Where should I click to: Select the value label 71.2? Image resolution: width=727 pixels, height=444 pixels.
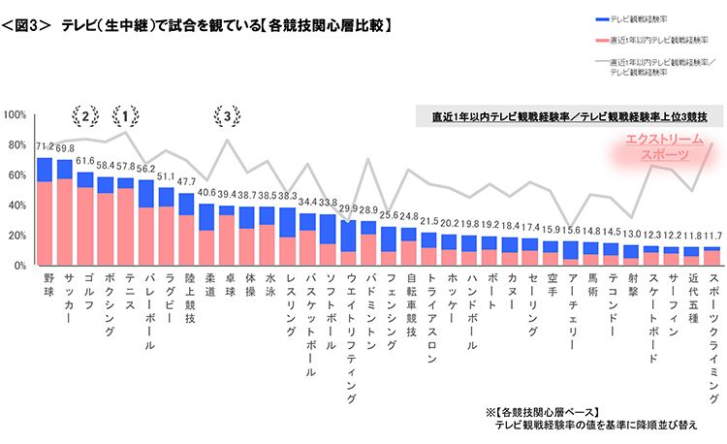45,147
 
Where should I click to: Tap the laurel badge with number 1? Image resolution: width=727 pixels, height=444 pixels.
124,116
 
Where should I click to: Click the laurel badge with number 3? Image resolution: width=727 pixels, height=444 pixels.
227,116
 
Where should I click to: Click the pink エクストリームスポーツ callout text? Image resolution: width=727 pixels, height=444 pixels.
657,146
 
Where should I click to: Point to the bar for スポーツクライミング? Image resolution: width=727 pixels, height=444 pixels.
712,256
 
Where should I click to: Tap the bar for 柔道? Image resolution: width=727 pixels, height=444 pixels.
206,234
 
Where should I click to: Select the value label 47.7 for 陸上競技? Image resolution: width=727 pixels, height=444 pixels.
186,183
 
